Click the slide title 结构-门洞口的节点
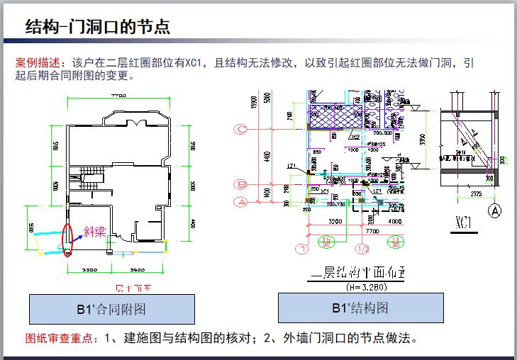pos(97,27)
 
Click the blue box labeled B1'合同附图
pos(111,309)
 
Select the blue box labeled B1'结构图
pos(360,308)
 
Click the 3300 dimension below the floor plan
pos(89,271)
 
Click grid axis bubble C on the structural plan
pos(242,129)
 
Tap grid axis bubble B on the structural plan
pos(242,184)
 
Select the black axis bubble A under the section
pos(495,210)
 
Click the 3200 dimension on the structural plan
pos(335,221)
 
